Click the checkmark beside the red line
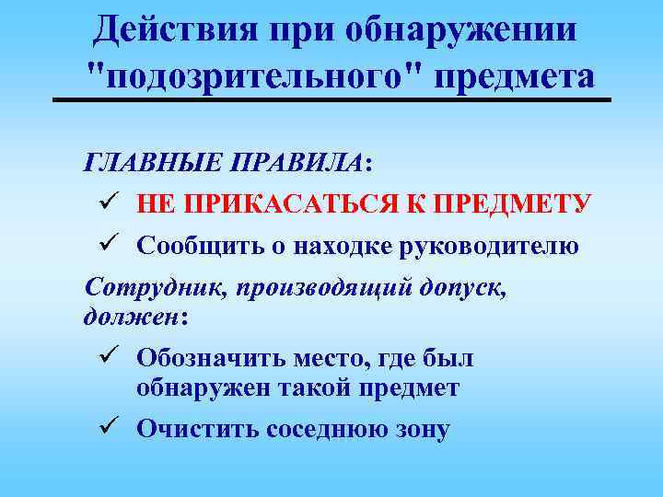point(103,202)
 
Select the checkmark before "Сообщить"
point(103,245)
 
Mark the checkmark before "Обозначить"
point(103,355)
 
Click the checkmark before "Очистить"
point(103,427)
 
